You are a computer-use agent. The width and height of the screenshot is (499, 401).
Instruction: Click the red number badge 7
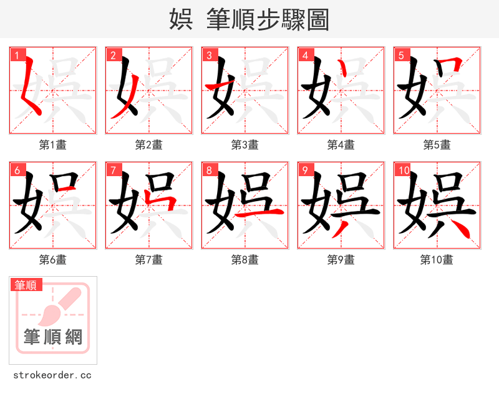click(113, 170)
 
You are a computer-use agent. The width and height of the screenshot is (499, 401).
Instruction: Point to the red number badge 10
click(403, 170)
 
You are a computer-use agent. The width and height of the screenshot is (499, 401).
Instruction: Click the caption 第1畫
click(53, 144)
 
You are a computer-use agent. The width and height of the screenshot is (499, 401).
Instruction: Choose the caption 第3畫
click(245, 144)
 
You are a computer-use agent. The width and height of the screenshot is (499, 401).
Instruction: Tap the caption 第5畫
click(437, 144)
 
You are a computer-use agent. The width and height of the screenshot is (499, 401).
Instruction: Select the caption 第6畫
click(53, 259)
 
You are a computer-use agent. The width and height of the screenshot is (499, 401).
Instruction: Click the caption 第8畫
click(245, 259)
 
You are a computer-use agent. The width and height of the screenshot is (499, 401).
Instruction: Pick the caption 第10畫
click(437, 259)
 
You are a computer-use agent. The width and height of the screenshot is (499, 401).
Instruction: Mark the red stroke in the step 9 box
click(340, 229)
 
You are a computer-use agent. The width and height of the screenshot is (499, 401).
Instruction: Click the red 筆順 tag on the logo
click(26, 285)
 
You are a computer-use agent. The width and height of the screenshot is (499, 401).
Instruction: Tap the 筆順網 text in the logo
click(53, 337)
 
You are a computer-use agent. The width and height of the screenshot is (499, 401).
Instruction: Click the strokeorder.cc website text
click(53, 375)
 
